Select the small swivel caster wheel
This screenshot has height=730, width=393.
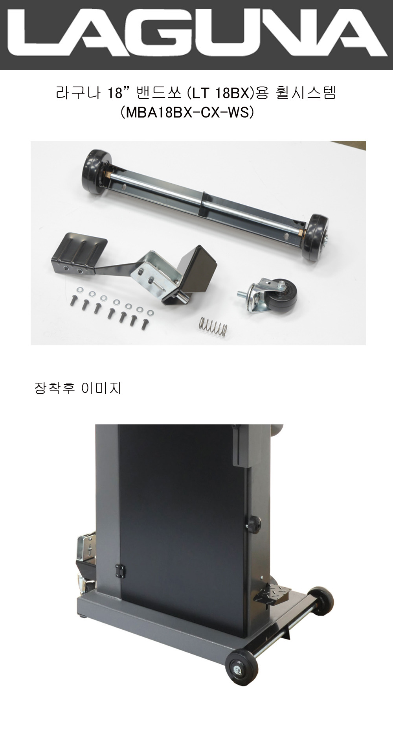[x=269, y=295]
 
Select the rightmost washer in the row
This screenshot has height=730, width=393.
[x=150, y=313]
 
